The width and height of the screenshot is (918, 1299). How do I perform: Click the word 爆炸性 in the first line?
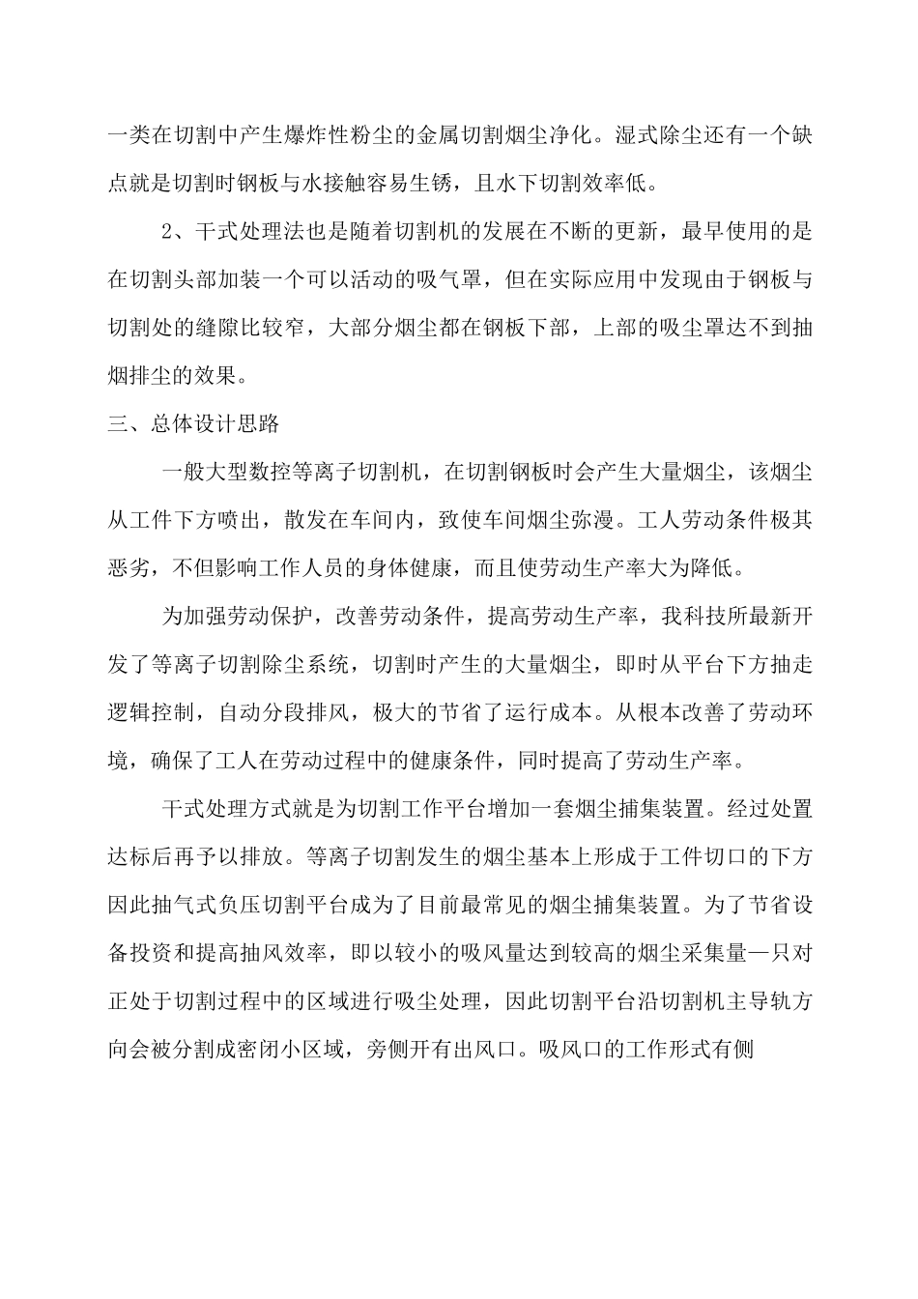(x=324, y=136)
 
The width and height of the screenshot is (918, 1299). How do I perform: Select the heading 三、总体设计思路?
(x=193, y=422)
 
